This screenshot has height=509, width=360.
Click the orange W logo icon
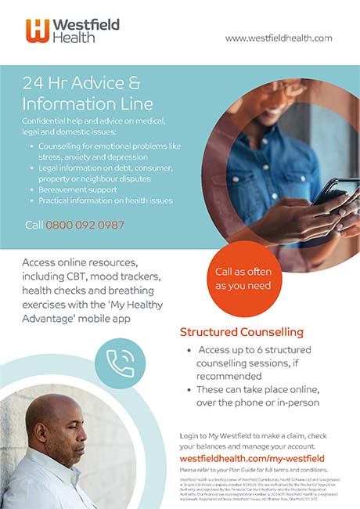(38, 30)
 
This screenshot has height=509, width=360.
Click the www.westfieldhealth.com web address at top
(278, 38)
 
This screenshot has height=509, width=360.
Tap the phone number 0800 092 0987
(85, 225)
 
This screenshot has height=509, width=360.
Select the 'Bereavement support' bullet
(77, 190)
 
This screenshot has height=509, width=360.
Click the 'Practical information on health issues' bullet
(106, 200)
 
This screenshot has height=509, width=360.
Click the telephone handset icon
(121, 363)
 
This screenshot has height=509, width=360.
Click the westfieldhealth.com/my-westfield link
(252, 457)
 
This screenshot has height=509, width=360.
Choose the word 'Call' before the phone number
(33, 225)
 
